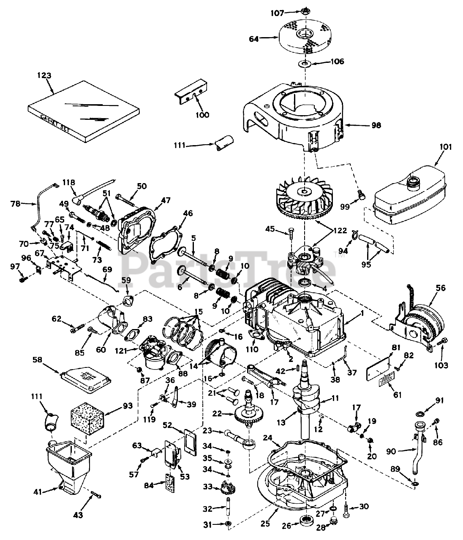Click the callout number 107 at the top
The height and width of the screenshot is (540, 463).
[277, 13]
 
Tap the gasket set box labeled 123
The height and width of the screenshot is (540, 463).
[84, 111]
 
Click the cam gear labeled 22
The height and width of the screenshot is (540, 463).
[249, 413]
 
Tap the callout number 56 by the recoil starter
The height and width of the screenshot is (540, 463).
[441, 288]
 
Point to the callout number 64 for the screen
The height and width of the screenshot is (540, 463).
[254, 39]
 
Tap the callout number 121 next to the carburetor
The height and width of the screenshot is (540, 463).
[121, 351]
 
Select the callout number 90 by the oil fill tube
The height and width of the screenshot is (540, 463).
[391, 451]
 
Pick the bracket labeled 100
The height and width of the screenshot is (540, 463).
[191, 92]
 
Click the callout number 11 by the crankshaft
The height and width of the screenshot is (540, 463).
[335, 398]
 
